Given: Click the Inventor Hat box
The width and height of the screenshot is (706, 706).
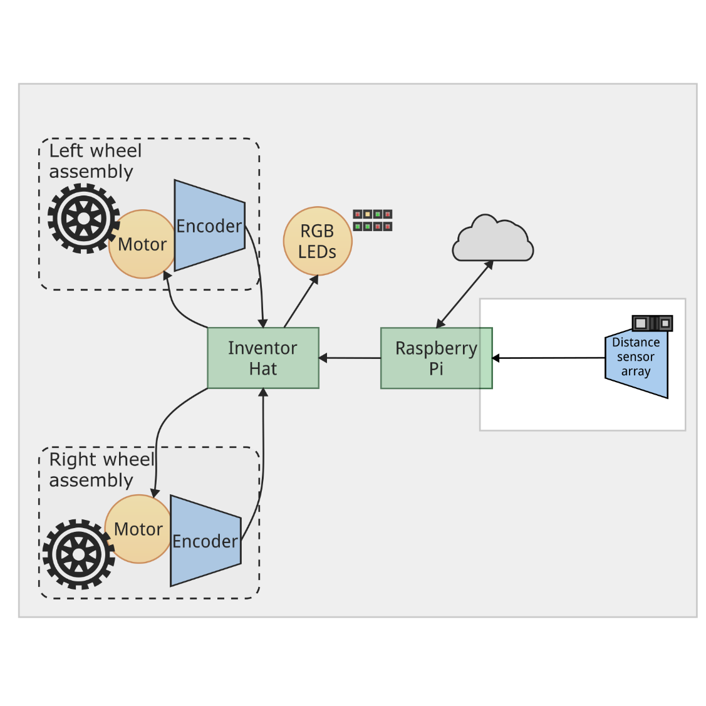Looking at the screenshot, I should [263, 358].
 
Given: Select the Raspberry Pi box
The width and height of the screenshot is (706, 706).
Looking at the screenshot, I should [436, 358].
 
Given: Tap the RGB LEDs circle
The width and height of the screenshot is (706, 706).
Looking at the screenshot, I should [318, 241].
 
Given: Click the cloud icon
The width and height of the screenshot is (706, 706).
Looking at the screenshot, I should [492, 240].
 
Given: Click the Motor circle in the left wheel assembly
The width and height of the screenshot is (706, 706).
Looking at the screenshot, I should [143, 244].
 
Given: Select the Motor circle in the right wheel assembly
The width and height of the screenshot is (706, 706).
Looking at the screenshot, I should [138, 529].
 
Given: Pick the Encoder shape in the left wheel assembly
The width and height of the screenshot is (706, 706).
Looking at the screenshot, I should [209, 226].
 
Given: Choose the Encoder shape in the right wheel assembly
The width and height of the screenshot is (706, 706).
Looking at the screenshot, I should [205, 541].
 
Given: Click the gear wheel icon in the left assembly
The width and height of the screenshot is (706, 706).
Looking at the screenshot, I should [83, 219].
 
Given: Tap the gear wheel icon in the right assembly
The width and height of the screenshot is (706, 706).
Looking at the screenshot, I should [78, 554].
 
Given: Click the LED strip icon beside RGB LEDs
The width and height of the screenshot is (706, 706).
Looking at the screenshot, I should [373, 221].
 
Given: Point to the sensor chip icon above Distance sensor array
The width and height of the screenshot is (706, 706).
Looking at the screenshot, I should [652, 323].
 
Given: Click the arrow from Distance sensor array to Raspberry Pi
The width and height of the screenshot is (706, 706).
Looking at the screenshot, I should [548, 358].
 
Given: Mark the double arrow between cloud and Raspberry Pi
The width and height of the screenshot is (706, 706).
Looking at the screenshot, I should [464, 294].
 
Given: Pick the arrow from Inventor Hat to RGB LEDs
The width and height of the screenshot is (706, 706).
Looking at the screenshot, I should [301, 301].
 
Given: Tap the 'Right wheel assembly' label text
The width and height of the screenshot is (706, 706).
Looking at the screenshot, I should [101, 470].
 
